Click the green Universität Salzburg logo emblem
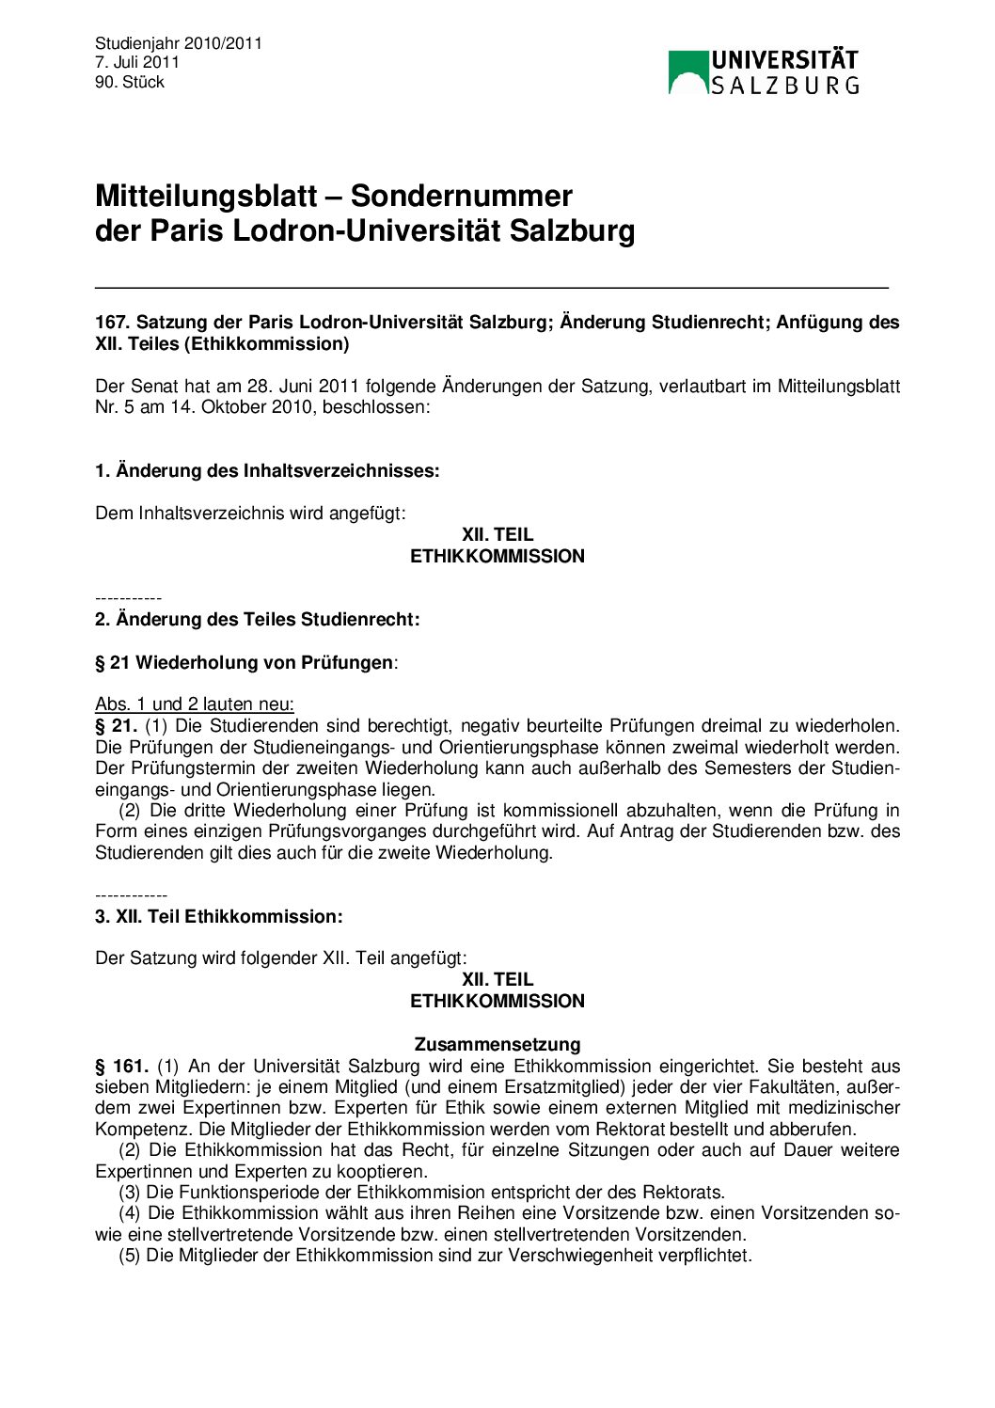pyautogui.click(x=687, y=72)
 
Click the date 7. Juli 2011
pyautogui.click(x=137, y=62)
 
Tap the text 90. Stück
pyautogui.click(x=130, y=82)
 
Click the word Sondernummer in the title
pyautogui.click(x=462, y=196)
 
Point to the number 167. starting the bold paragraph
pyautogui.click(x=112, y=323)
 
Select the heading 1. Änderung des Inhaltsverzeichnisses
pyautogui.click(x=267, y=471)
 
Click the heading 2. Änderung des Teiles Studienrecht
pyautogui.click(x=257, y=620)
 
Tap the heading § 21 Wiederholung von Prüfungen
pyautogui.click(x=244, y=663)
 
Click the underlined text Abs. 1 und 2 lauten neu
pyautogui.click(x=195, y=704)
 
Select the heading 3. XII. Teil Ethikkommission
pyautogui.click(x=218, y=917)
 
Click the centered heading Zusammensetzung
pyautogui.click(x=497, y=1045)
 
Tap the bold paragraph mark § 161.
pyautogui.click(x=121, y=1067)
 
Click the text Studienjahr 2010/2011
pyautogui.click(x=179, y=43)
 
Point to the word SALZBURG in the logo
pyautogui.click(x=784, y=87)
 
